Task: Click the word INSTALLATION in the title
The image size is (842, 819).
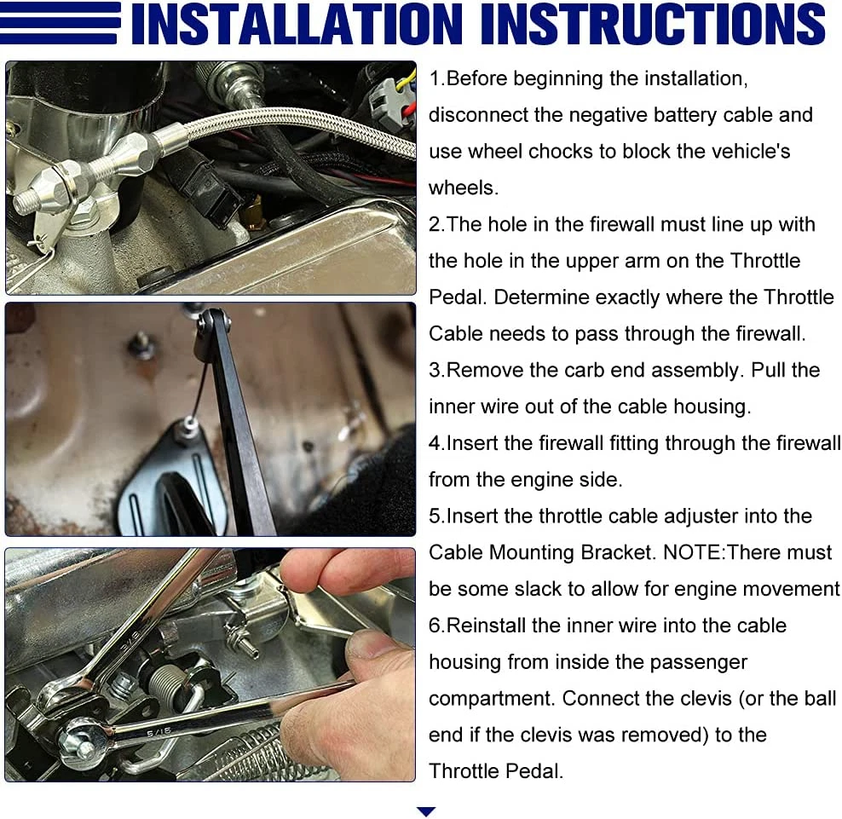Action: coord(296,24)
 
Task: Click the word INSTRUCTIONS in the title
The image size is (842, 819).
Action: coord(653,24)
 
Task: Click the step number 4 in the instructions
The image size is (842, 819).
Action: coord(435,443)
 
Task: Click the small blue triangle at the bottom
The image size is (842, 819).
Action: coord(426,811)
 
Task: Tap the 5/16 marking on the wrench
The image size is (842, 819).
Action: coord(159,731)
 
